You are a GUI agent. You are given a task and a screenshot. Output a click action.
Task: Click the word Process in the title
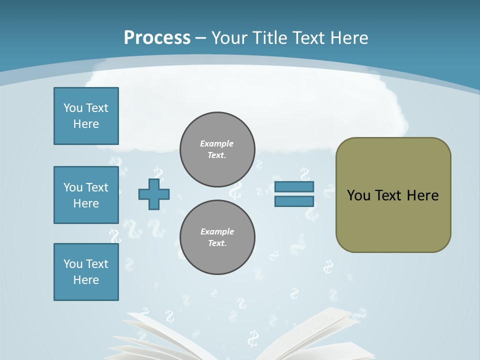(157, 37)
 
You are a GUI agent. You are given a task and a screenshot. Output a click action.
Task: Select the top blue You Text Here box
(86, 116)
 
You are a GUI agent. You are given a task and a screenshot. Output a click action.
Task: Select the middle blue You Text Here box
(86, 195)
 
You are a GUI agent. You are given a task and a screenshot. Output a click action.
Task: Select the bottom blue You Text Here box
(86, 272)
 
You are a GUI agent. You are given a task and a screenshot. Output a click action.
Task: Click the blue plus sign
(154, 194)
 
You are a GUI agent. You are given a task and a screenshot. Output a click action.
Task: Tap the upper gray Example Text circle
(217, 149)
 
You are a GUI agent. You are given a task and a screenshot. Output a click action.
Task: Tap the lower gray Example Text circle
(217, 237)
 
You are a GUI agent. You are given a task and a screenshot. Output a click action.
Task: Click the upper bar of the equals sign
(294, 187)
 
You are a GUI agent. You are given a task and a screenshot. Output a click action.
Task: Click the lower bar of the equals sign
(294, 201)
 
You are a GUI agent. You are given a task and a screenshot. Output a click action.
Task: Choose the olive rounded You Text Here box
(393, 195)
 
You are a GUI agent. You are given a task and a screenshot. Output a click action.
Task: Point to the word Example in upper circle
(217, 144)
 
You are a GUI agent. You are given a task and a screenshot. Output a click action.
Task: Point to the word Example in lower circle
(217, 232)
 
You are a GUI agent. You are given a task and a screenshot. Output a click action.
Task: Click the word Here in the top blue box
(86, 124)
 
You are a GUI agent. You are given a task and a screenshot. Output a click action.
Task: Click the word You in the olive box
(358, 195)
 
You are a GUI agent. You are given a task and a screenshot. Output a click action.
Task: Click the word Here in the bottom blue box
(86, 280)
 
